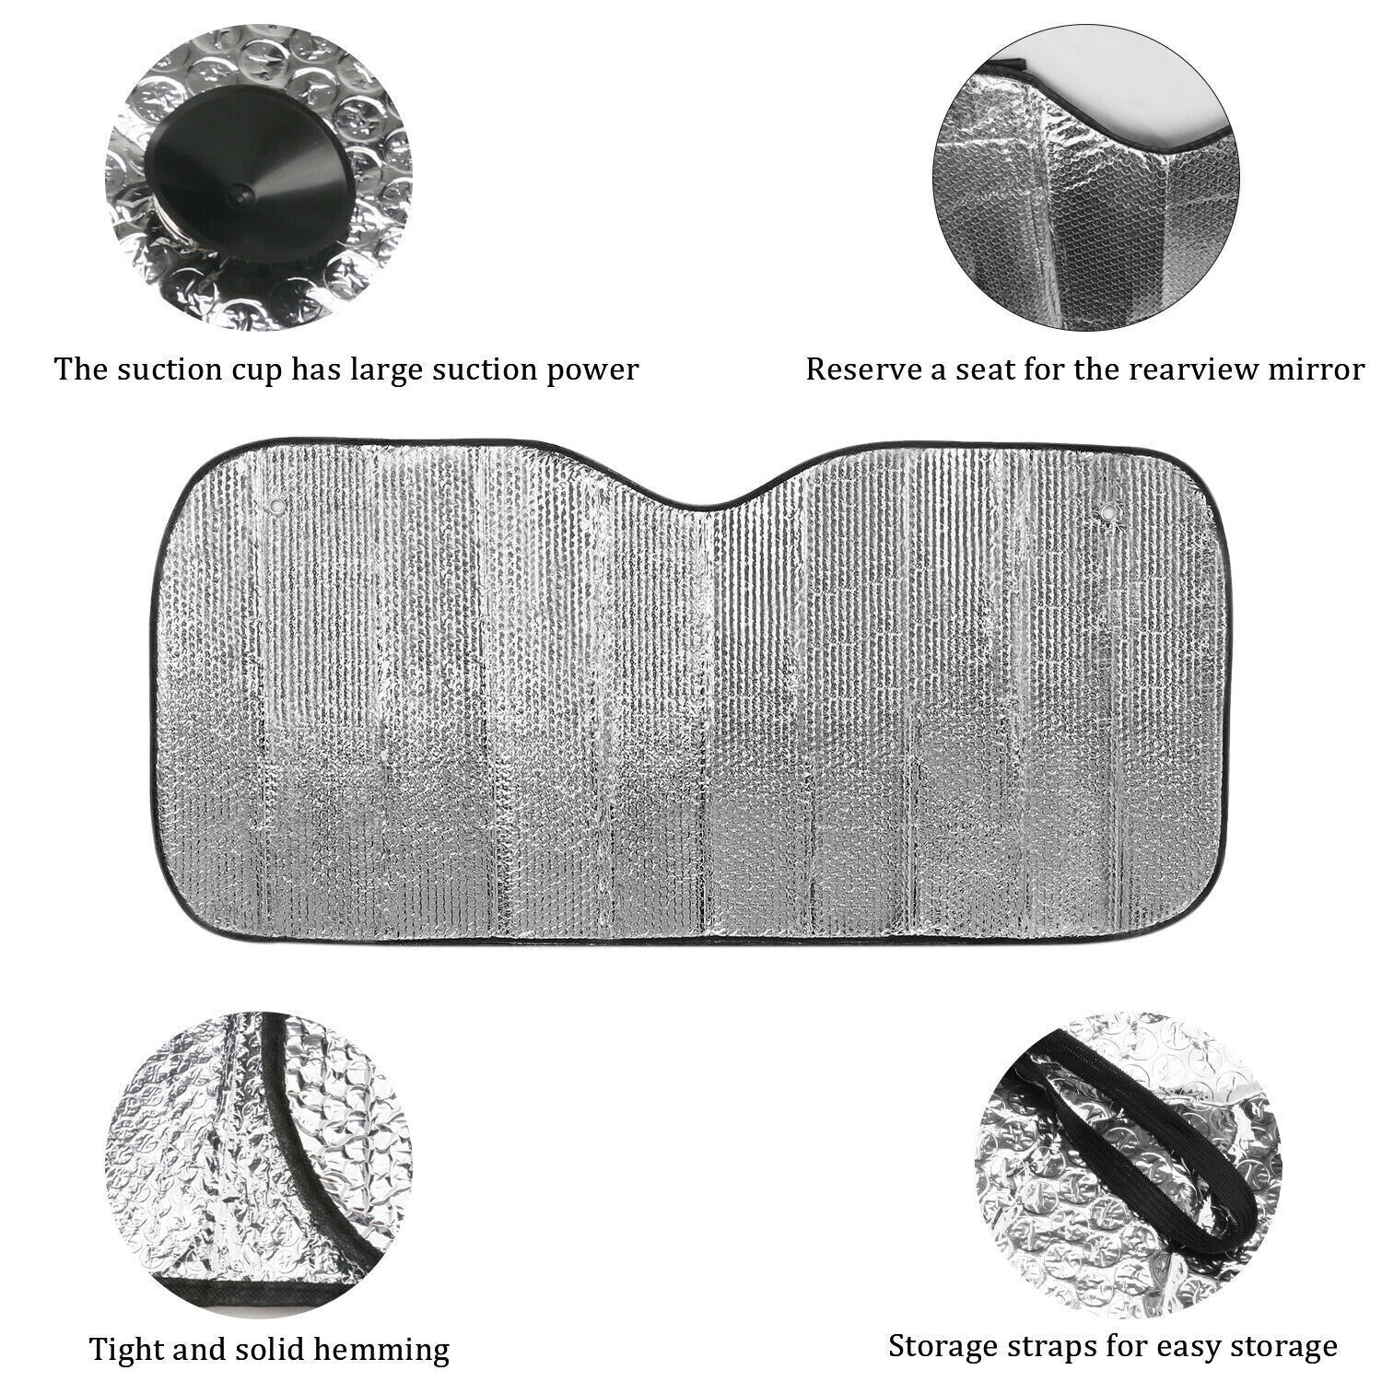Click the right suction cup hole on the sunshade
pyautogui.click(x=1106, y=508)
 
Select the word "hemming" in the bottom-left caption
pyautogui.click(x=392, y=1351)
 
